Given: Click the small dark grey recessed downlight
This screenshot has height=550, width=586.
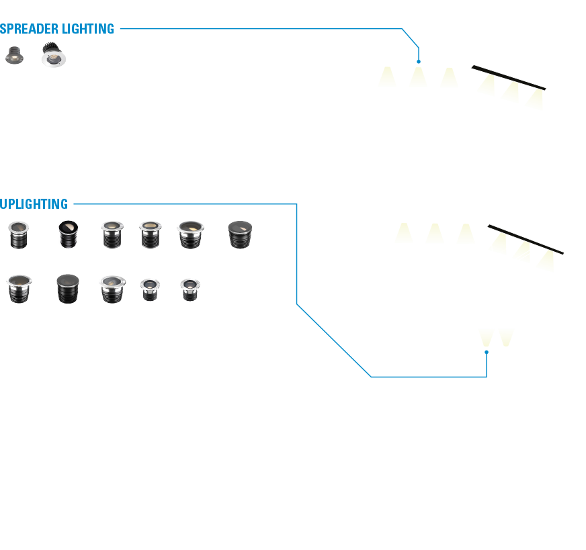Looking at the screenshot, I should pyautogui.click(x=13, y=55).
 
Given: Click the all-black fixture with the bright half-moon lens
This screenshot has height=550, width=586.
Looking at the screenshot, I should pyautogui.click(x=68, y=234).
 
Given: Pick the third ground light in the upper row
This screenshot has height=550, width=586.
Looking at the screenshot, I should pyautogui.click(x=110, y=234).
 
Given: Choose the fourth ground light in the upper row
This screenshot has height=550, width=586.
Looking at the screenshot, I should pyautogui.click(x=149, y=234).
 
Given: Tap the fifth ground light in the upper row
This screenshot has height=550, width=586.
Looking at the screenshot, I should pyautogui.click(x=190, y=234).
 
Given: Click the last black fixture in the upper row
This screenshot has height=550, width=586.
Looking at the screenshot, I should pyautogui.click(x=238, y=234).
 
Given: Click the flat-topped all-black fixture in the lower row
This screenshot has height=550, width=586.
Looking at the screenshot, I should pyautogui.click(x=68, y=288).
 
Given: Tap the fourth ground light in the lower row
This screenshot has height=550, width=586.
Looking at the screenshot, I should pyautogui.click(x=150, y=289).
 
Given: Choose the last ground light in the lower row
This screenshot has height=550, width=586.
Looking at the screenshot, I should pyautogui.click(x=190, y=289).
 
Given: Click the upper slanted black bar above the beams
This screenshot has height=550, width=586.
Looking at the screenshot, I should pyautogui.click(x=508, y=77).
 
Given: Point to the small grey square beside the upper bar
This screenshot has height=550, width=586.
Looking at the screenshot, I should pyautogui.click(x=552, y=92).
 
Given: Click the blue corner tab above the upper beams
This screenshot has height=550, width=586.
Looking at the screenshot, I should pyautogui.click(x=413, y=44).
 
